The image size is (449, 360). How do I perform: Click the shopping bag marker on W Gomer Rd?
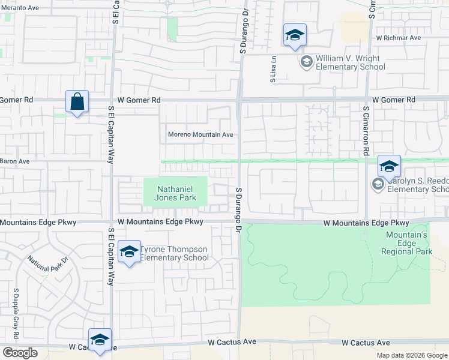point(77,102)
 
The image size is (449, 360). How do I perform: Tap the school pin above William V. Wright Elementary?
point(295,35)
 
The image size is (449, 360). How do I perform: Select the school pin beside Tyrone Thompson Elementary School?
point(128,253)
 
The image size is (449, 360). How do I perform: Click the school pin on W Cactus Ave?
point(100,340)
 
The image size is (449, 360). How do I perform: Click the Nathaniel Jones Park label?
point(176,193)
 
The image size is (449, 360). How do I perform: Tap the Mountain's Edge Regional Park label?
point(406,244)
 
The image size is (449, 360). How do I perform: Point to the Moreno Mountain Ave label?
point(200,135)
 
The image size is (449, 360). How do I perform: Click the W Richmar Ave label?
point(399,38)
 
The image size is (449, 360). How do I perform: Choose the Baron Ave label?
point(14,161)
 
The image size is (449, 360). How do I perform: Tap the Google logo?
point(20,353)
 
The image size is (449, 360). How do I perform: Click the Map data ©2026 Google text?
point(411,355)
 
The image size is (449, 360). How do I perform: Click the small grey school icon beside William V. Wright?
point(306,61)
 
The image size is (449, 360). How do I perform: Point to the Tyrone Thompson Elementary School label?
point(174,253)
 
